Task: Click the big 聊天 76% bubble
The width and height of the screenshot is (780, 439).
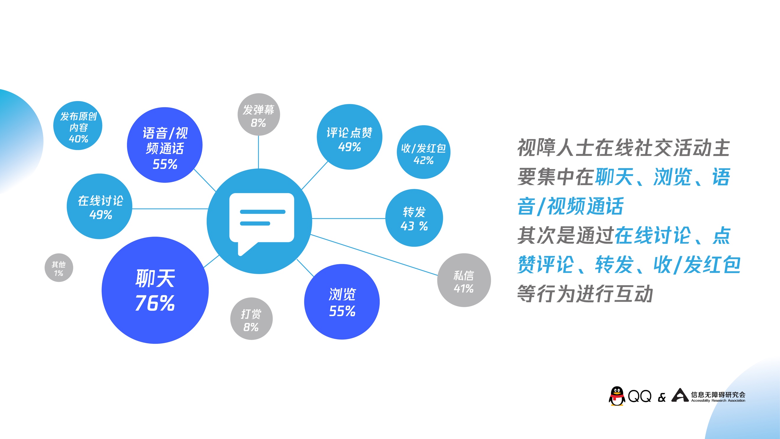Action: (155, 290)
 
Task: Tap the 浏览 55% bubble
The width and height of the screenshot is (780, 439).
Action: (342, 302)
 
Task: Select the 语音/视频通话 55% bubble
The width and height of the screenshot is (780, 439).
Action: (165, 145)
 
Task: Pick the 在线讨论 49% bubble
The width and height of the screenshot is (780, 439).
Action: (99, 206)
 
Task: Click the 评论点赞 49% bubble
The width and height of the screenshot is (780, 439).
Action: (349, 137)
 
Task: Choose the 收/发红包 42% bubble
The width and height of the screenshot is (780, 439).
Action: (424, 152)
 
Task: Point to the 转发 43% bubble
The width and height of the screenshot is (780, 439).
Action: (414, 218)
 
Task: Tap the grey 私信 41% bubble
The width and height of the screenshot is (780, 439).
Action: (464, 280)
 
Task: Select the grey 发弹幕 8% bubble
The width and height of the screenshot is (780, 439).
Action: (259, 114)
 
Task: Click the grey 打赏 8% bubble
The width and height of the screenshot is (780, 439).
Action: (251, 318)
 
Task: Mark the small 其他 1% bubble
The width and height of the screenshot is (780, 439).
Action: (59, 268)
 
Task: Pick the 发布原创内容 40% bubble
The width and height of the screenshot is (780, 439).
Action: (78, 126)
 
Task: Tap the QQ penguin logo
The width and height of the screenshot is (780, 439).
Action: (617, 396)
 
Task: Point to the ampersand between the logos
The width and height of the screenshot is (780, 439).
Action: (662, 397)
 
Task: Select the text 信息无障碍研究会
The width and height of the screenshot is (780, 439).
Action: (718, 394)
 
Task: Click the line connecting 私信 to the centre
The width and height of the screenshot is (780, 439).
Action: (374, 255)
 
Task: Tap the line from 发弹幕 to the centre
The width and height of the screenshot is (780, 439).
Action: (258, 152)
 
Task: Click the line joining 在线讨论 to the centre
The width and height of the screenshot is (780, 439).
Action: (170, 209)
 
